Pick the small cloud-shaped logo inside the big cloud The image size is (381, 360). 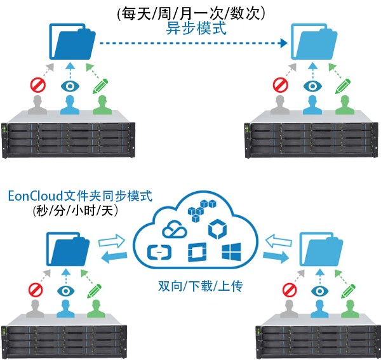pyautogui.click(x=173, y=228)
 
